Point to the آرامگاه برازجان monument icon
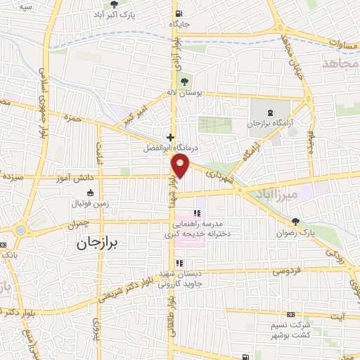point(272,112)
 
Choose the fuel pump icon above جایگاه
point(179,13)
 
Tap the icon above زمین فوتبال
point(89,193)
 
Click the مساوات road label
point(340,41)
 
